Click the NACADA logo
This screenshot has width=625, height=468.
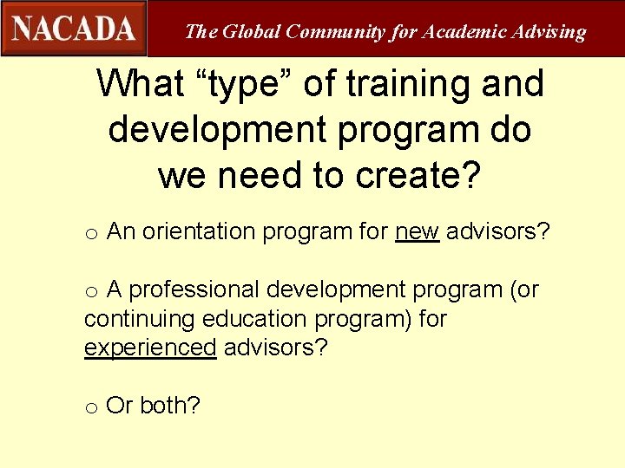[x=74, y=28]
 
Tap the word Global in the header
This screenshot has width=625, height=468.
[x=251, y=32]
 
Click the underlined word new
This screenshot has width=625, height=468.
[x=417, y=232]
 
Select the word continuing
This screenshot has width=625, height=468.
[x=139, y=319]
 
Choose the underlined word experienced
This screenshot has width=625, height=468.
[x=149, y=348]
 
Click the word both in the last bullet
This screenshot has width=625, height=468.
[x=169, y=406]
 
